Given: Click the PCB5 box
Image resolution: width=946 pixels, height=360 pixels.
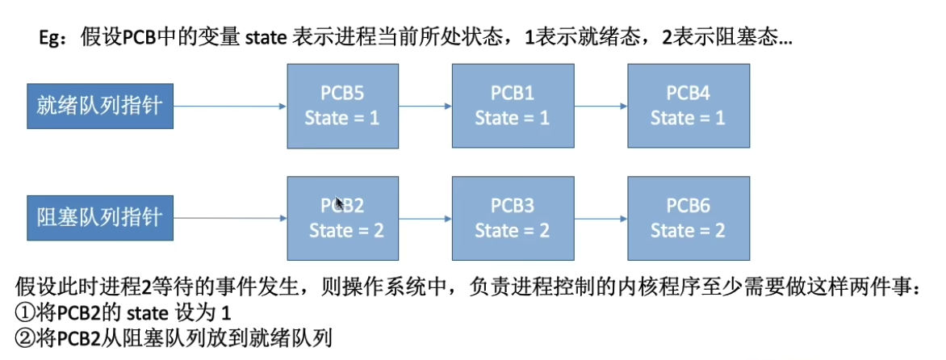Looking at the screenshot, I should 342,106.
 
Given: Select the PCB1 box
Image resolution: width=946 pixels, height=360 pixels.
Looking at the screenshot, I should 513,106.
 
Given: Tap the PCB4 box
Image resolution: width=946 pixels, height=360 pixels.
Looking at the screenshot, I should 688,106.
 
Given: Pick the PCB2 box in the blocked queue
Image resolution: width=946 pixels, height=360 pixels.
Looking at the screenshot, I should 342,218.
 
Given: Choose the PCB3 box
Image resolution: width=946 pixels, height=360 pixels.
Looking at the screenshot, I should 513,218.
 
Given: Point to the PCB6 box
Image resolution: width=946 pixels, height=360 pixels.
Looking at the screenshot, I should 688,218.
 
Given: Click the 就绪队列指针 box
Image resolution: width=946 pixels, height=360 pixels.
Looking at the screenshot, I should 100,106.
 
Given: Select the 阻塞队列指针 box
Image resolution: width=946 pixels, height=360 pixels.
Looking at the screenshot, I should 100,217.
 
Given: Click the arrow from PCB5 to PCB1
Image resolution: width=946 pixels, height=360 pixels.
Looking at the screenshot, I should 425,106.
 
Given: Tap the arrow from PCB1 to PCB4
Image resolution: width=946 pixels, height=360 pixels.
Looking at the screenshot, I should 600,106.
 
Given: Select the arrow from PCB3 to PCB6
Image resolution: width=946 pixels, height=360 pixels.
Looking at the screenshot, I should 600,218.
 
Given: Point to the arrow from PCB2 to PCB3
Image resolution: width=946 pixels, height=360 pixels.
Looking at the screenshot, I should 425,218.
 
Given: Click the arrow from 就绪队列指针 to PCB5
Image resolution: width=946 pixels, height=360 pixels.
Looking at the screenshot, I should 230,106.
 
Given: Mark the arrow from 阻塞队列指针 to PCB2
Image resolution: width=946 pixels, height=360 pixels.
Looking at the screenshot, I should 230,218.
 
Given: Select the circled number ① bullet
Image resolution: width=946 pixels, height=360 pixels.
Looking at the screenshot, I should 25,312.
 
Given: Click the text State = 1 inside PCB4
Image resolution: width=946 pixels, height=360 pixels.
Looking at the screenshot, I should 688,118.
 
